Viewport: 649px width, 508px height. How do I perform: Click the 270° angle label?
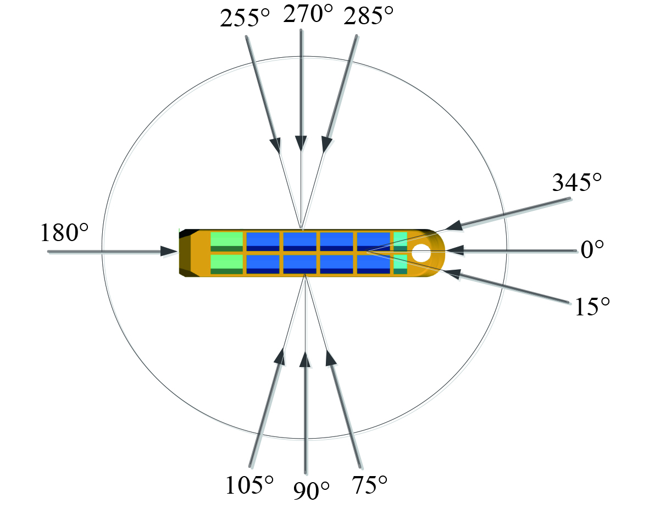[308, 14]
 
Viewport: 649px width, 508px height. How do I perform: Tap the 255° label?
[245, 19]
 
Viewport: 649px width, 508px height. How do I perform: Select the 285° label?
[368, 17]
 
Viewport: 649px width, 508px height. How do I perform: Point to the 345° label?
[577, 182]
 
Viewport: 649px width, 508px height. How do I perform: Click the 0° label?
[592, 250]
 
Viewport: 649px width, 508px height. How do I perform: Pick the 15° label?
[592, 307]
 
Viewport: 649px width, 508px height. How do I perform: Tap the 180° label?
[64, 232]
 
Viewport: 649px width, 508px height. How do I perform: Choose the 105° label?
[249, 485]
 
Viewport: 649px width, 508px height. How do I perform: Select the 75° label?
[369, 485]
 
